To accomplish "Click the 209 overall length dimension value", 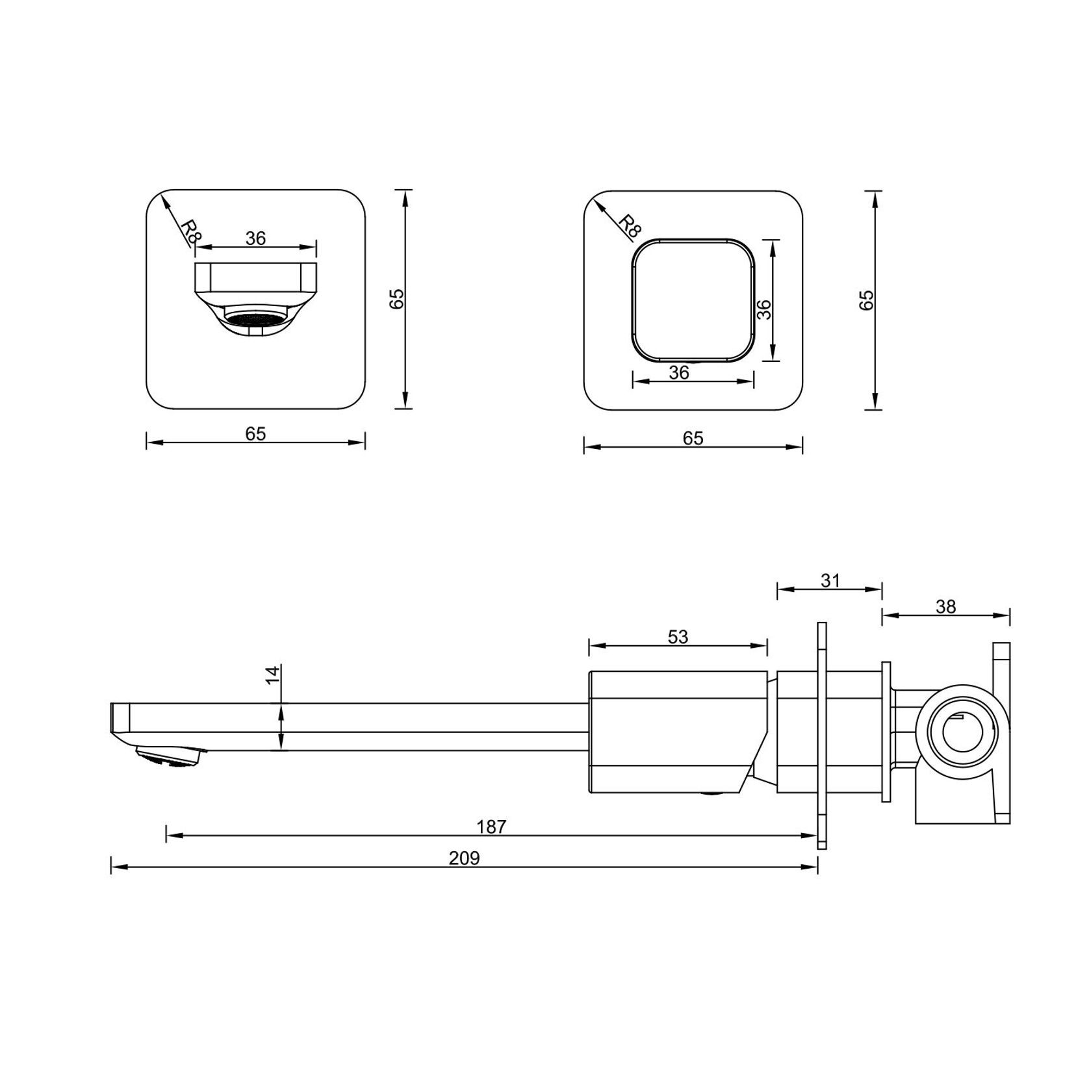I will point(464,858).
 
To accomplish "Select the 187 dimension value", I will point(491,827).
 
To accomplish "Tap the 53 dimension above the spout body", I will point(678,637).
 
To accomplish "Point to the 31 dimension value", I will point(830,580).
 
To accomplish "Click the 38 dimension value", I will point(946,606).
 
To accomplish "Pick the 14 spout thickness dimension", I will point(273,674).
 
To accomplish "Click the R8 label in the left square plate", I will point(188,231).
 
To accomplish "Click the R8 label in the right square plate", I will point(628,225).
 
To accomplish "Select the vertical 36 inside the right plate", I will point(765,309).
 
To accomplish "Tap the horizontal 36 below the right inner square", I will point(679,372).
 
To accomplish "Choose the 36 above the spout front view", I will point(255,238).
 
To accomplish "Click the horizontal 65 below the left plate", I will point(255,433).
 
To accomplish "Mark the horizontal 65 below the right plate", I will point(693,438).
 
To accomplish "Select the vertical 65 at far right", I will point(867,300).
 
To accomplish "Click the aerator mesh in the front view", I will point(255,319).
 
